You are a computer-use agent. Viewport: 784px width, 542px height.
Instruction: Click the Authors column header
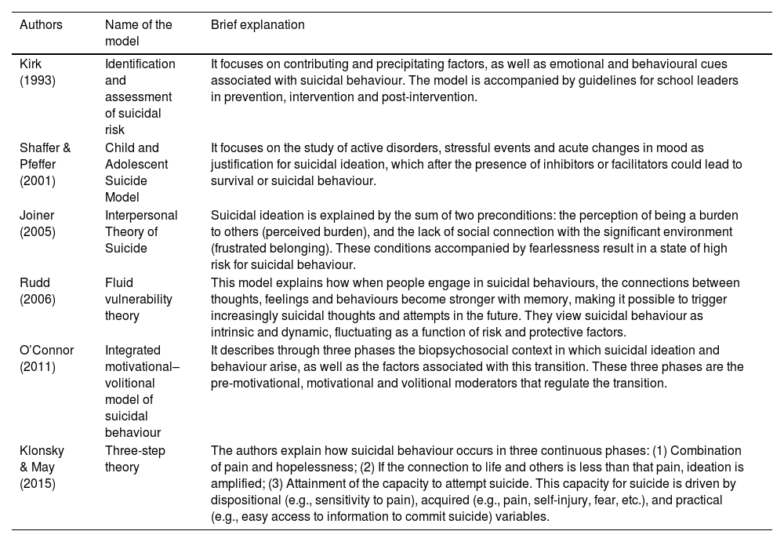(41, 25)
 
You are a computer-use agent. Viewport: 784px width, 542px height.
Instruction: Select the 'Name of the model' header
(139, 33)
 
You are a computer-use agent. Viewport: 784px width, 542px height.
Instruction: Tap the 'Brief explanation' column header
(258, 25)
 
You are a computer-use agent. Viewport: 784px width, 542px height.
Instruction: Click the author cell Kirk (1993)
(37, 72)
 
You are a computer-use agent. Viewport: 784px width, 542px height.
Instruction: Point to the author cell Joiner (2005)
(37, 223)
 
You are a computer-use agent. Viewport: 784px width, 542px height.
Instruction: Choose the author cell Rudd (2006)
(37, 290)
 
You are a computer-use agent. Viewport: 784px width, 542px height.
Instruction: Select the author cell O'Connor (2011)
(46, 358)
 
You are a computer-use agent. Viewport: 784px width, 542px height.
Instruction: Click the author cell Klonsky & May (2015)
(42, 467)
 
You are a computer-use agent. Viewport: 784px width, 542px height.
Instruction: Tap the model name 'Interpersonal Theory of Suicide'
(141, 231)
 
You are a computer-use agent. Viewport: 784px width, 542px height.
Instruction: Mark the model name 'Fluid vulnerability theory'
(138, 299)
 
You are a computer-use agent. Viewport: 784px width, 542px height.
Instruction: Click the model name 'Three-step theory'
(135, 459)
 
